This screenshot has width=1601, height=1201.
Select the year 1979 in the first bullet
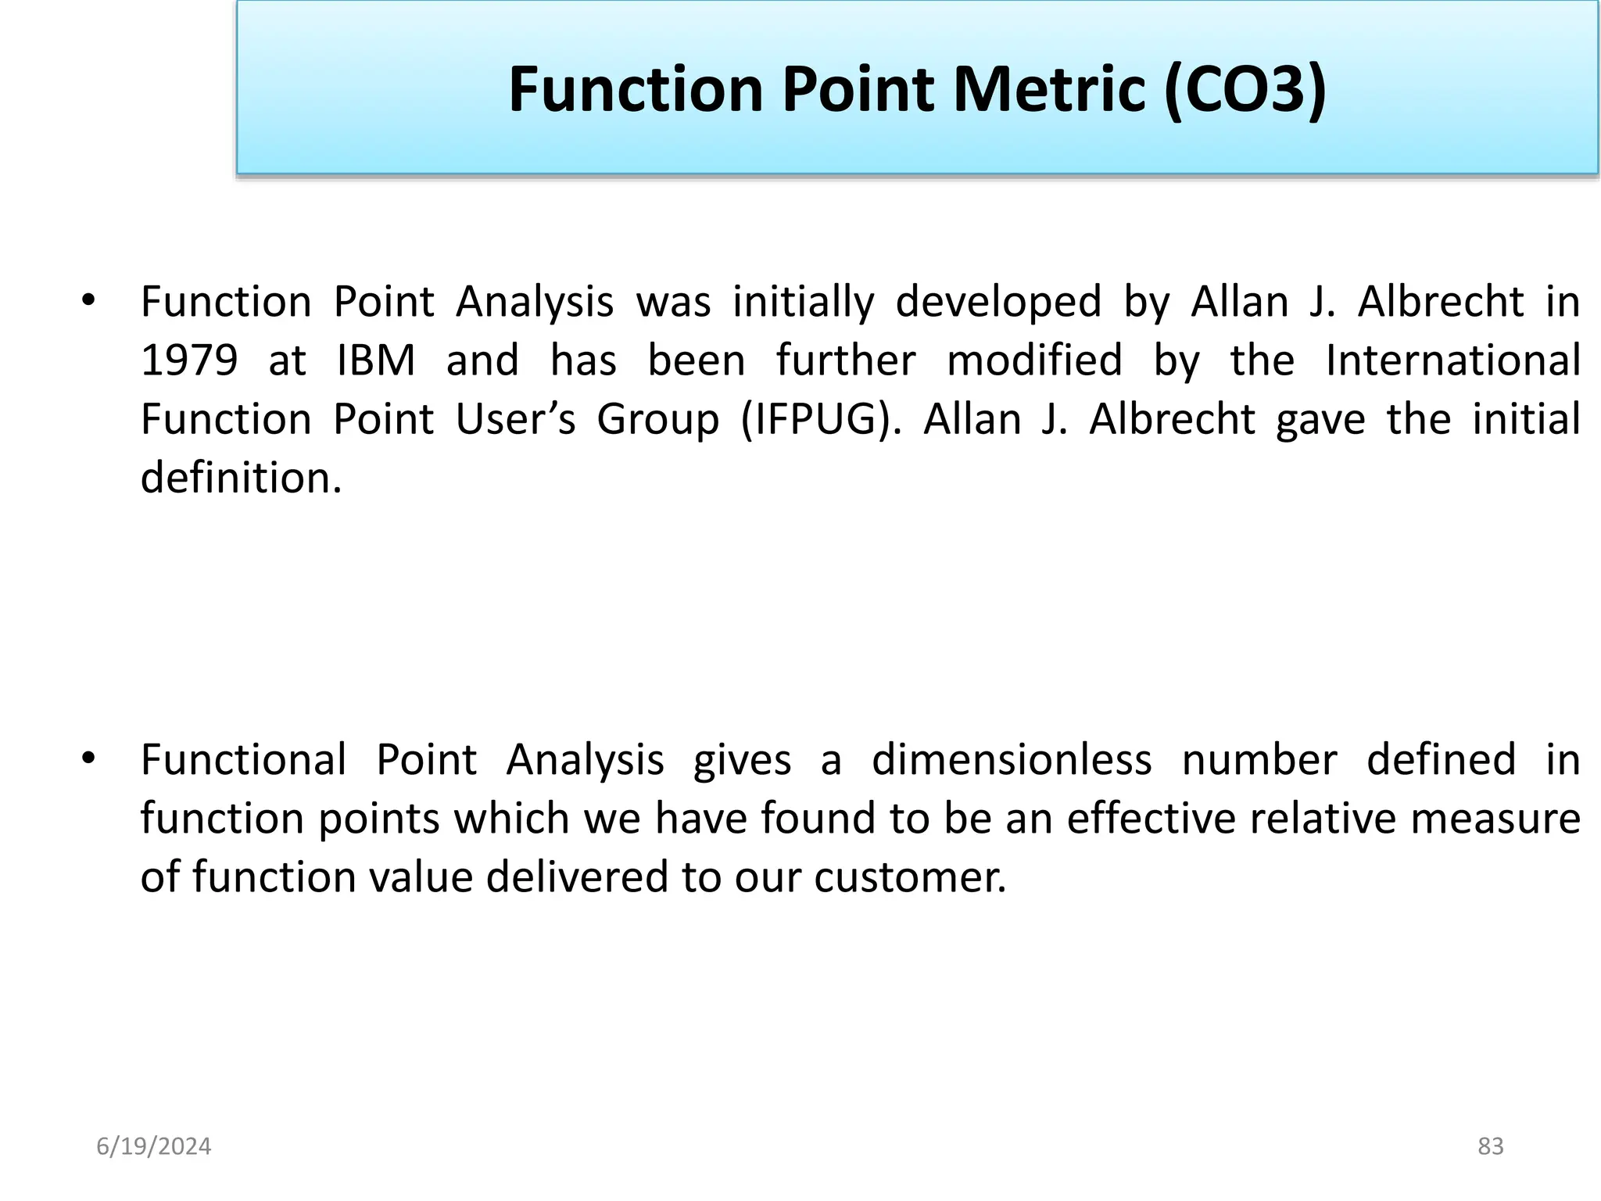(x=189, y=361)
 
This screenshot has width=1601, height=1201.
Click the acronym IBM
(x=376, y=361)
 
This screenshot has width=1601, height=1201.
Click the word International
(x=1453, y=361)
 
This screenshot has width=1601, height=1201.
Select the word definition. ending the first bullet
(x=242, y=478)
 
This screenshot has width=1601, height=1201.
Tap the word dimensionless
(x=1012, y=760)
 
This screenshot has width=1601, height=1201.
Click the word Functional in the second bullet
(x=243, y=760)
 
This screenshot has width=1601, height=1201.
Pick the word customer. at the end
(x=910, y=877)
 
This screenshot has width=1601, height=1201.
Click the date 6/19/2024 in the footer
(x=154, y=1146)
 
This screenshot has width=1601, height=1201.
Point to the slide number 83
(x=1491, y=1146)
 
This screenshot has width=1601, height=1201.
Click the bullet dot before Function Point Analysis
(x=88, y=301)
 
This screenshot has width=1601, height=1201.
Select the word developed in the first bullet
(x=998, y=303)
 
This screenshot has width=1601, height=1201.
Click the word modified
(x=1034, y=361)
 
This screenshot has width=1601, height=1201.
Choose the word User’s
(x=516, y=420)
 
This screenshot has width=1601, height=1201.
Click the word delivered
(x=577, y=877)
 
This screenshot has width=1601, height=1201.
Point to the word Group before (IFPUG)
(x=657, y=420)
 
